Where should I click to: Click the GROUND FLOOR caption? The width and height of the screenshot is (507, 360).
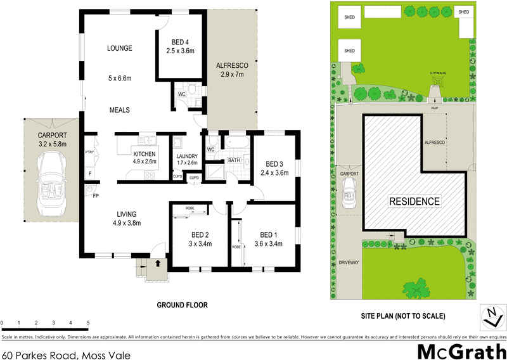coord(183,305)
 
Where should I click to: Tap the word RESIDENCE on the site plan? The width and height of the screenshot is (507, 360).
coord(414,202)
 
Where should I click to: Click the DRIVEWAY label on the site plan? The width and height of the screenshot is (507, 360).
coord(349,261)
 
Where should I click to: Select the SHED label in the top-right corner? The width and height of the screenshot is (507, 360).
coord(463,12)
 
